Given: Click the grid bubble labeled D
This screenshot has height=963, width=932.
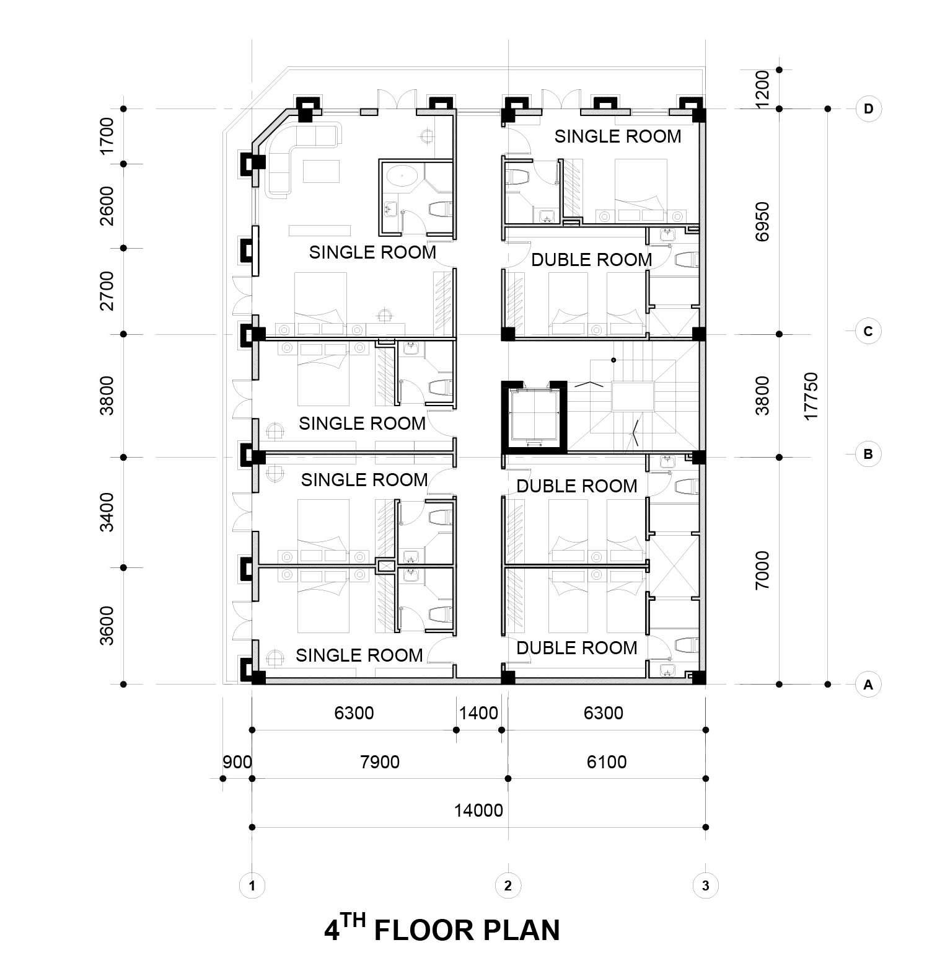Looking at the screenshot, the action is point(868,109).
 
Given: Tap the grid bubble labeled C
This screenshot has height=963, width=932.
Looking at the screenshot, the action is point(868,331).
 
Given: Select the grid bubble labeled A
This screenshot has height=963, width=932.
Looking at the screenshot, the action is point(868,685).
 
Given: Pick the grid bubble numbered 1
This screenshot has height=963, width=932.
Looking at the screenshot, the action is point(252,885).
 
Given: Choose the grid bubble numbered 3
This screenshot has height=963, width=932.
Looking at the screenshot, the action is point(705,885).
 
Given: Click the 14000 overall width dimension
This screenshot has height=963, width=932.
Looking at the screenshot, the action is point(478,810).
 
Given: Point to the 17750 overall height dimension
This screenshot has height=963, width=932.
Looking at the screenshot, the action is point(811,396).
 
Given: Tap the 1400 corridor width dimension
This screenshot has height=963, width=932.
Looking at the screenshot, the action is point(478,713).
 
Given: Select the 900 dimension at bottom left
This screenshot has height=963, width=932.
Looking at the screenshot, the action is point(237,761).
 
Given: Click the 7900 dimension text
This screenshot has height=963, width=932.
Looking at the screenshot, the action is point(380,761).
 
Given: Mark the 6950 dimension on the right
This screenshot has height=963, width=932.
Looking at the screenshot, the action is point(762,221).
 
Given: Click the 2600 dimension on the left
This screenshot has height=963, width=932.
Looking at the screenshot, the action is point(107,205).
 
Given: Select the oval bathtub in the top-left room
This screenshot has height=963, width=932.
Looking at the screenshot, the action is point(400,176).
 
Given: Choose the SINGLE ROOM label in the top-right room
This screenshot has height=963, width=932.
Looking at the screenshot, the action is point(618,136).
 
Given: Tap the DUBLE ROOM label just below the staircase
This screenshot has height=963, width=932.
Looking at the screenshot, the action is point(577,486).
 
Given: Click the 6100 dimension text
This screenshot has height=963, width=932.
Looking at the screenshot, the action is point(607,761).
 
